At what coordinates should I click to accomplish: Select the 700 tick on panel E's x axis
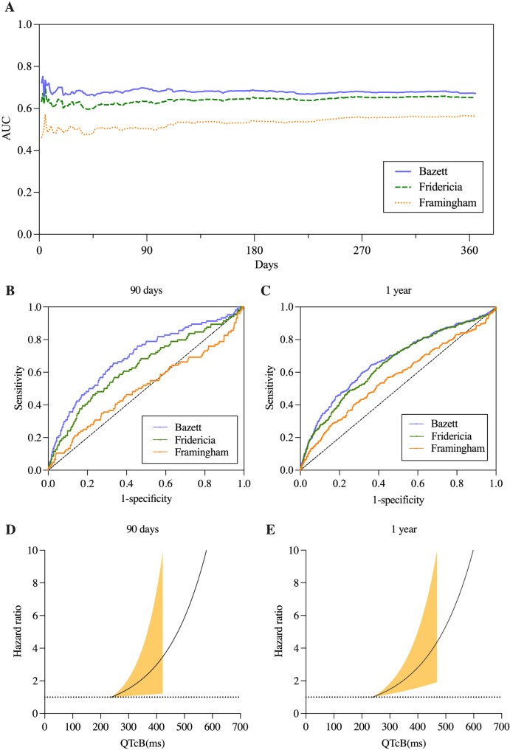[x=501, y=727]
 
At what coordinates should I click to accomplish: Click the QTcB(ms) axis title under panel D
[x=142, y=741]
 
